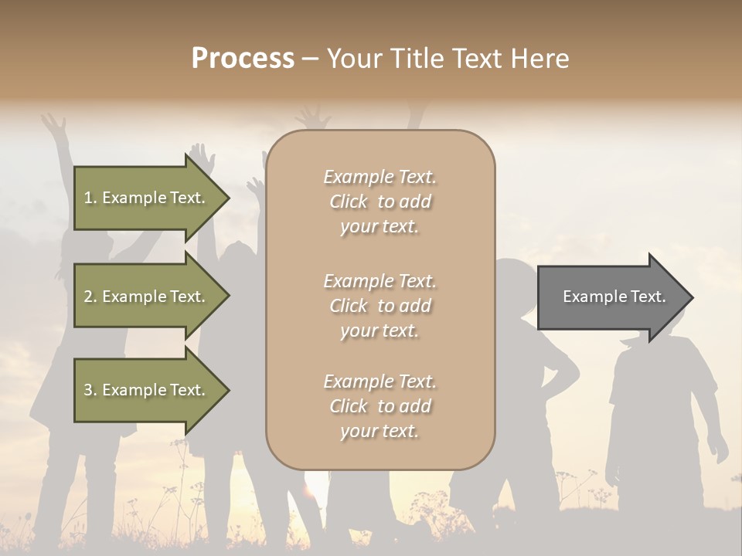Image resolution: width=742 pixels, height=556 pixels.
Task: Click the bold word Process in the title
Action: tap(243, 59)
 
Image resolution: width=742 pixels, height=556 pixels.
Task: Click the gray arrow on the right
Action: tap(611, 297)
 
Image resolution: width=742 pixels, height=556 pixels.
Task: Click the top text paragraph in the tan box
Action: tap(380, 202)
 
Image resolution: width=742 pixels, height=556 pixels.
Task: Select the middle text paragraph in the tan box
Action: tap(380, 306)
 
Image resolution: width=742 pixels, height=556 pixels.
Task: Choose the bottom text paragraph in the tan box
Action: tap(380, 406)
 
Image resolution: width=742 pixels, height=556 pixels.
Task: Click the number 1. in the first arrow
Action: tap(90, 198)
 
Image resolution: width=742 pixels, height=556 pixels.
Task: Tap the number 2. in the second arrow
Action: tap(90, 297)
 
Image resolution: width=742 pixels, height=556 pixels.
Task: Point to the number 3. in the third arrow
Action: tap(90, 390)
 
